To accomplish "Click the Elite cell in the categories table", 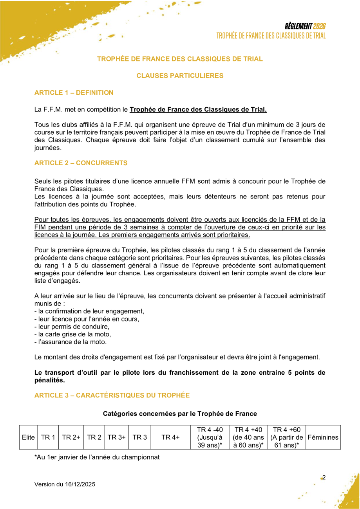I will [29, 437].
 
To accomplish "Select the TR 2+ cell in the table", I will [71, 437].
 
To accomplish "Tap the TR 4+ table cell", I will [170, 437].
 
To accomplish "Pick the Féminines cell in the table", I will [323, 437].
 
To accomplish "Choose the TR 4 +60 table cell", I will [286, 437].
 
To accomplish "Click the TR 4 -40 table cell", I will [210, 437].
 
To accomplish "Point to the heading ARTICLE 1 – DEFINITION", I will [74, 93].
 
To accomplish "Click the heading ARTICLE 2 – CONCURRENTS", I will [81, 163].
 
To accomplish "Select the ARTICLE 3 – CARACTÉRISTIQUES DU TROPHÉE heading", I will [112, 395].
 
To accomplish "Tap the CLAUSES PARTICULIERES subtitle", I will [180, 76].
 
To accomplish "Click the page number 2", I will [324, 477].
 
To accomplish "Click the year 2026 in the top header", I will [319, 27].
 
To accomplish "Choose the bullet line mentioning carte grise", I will [73, 334].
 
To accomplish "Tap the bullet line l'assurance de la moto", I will [71, 342].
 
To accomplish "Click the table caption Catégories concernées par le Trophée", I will [180, 413].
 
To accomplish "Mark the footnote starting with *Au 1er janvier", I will [97, 457].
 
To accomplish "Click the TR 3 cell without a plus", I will [139, 437].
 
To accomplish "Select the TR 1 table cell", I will [48, 437].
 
